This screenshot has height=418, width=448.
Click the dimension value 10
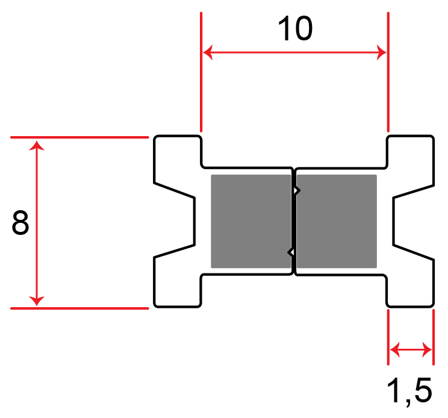295,28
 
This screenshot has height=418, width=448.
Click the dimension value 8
20,223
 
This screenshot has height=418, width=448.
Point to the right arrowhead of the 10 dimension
381,53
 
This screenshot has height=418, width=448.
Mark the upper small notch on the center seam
296,191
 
